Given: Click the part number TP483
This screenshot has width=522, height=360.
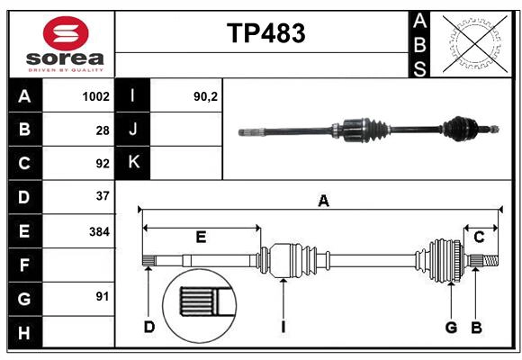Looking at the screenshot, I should tap(265, 33).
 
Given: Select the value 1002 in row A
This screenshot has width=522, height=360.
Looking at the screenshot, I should tap(95, 96).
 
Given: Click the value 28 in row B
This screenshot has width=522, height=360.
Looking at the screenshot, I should tap(103, 130).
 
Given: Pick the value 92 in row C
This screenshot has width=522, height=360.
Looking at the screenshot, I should tap(103, 164).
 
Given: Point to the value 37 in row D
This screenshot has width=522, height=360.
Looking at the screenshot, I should tap(103, 196).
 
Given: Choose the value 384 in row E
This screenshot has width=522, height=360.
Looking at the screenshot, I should tap(99, 231).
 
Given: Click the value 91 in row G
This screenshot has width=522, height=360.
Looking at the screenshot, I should tap(103, 296).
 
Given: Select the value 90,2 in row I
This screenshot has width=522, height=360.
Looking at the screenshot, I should tap(206, 96).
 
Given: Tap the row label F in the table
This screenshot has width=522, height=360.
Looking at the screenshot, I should tap(24, 265).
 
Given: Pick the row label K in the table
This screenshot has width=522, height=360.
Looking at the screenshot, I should tap(133, 163).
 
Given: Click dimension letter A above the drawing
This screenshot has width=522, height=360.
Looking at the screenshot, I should tap(323, 202).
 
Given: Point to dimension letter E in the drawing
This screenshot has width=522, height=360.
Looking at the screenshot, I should tap(201, 237).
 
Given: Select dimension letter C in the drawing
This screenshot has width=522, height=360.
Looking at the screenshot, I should tap(479, 237).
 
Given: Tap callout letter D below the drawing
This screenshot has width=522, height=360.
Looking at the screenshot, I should tap(149, 327).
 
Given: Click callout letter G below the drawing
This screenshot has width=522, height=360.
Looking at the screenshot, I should tap(451, 327).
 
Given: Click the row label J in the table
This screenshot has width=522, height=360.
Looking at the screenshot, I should tap(133, 130).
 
